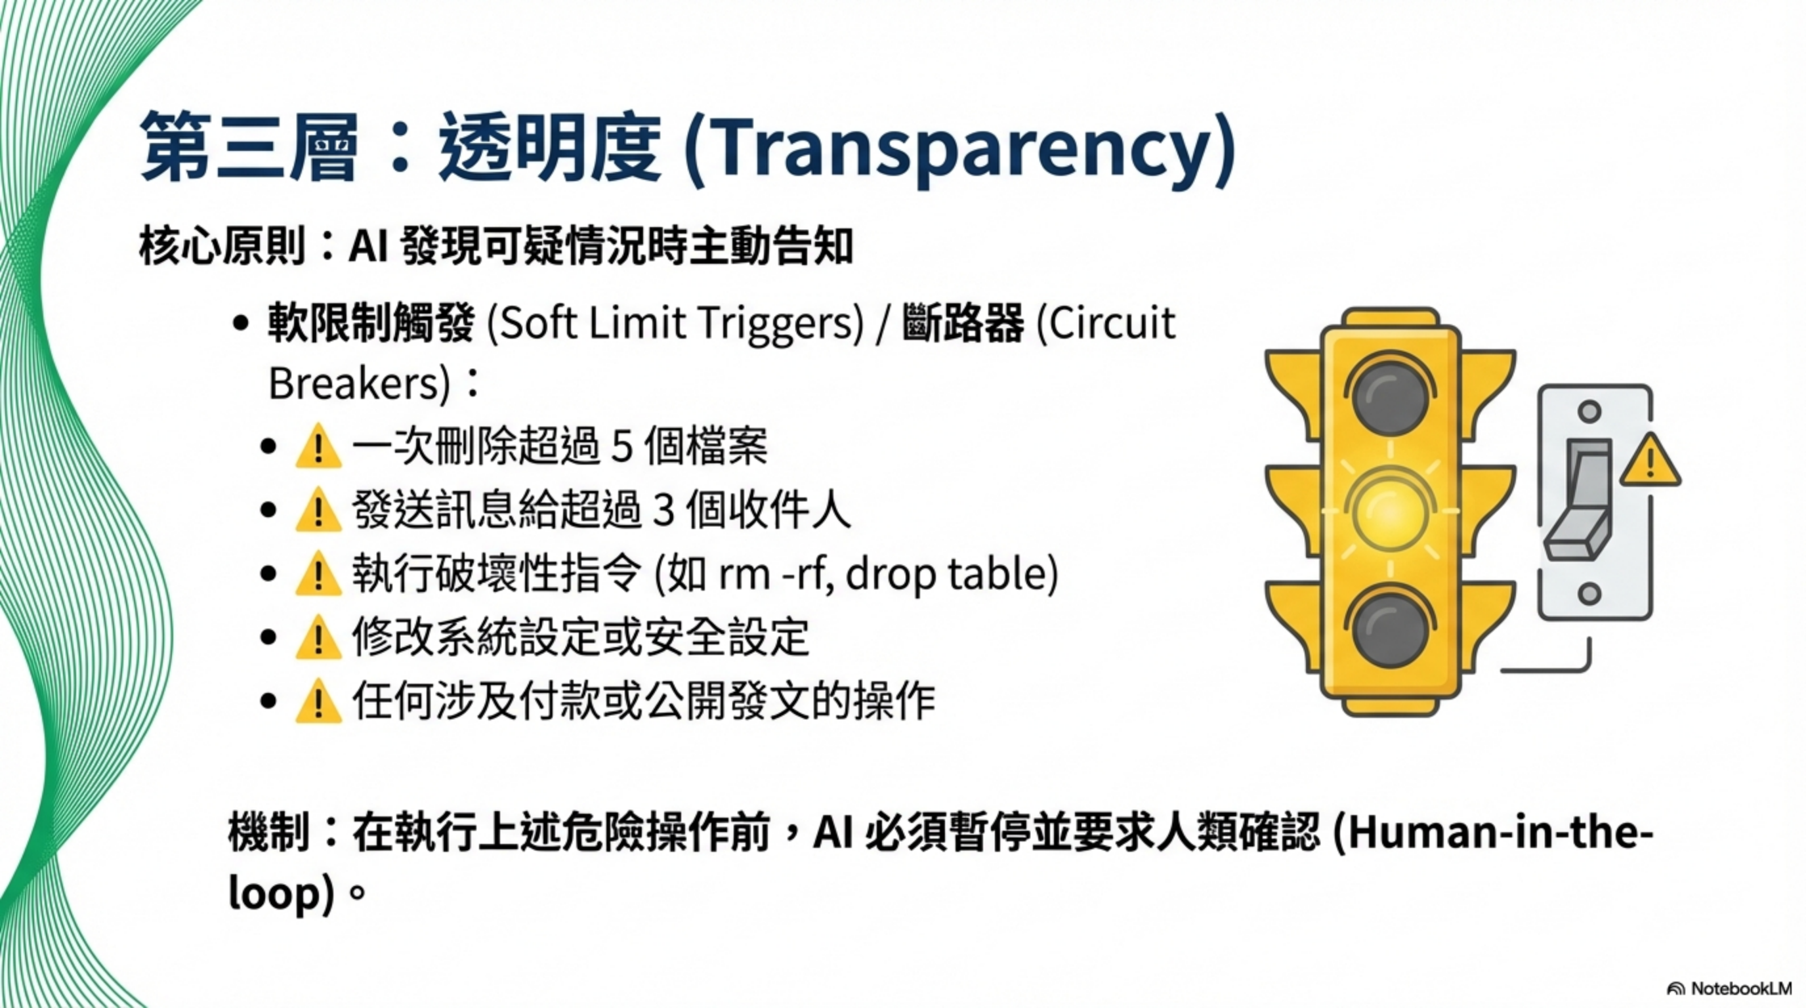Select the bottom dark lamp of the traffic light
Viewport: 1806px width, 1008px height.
point(1389,629)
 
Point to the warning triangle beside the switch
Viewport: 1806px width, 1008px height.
point(1650,463)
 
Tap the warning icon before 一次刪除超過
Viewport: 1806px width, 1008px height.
point(318,446)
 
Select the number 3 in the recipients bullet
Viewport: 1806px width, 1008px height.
point(663,511)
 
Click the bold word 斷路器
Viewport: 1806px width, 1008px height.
point(963,324)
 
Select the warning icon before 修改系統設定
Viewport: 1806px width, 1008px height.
point(318,638)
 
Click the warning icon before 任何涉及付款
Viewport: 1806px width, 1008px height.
point(318,702)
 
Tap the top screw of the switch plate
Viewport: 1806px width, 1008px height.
point(1589,410)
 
